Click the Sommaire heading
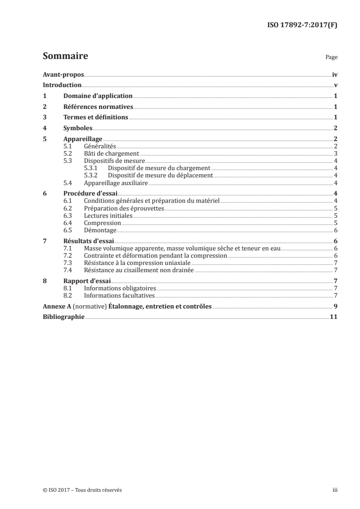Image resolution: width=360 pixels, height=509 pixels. [65, 56]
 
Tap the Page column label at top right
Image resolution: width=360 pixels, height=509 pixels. [331, 58]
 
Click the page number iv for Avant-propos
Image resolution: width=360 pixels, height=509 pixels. [334, 74]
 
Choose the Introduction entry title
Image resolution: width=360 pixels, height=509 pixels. [62, 85]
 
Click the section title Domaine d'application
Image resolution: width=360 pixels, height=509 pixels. [98, 96]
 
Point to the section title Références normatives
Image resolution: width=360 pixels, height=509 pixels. [98, 107]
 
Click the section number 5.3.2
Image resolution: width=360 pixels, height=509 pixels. [91, 176]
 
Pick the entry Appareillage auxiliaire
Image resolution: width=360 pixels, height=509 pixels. [116, 183]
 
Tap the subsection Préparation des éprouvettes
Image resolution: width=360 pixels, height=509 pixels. [123, 208]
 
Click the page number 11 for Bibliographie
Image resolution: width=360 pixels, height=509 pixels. [333, 317]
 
